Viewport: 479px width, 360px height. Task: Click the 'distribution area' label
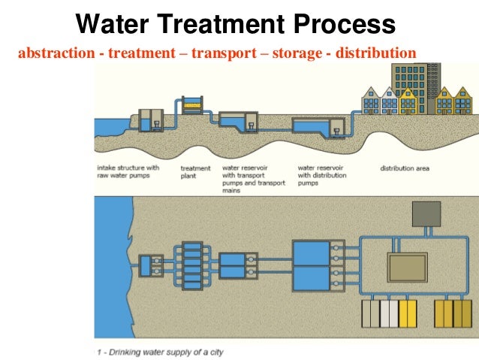(405, 168)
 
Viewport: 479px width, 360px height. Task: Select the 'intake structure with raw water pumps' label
(128, 172)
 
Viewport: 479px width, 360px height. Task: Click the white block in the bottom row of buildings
(388, 315)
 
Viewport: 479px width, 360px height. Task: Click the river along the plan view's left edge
(109, 263)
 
